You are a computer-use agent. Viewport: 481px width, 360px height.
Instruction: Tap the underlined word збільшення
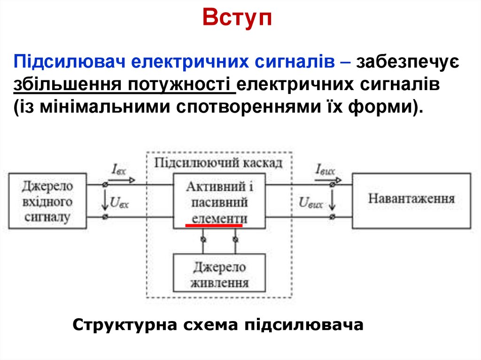click(x=64, y=84)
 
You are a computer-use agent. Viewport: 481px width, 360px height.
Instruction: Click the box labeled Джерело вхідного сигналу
click(x=47, y=201)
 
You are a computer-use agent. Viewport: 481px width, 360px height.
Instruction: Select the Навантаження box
click(x=411, y=199)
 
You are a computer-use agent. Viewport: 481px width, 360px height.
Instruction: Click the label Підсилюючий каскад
click(x=219, y=163)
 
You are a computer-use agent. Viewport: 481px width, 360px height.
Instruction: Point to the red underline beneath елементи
click(x=214, y=225)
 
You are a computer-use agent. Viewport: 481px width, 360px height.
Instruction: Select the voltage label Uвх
click(x=119, y=202)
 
